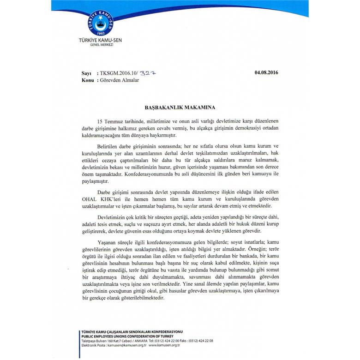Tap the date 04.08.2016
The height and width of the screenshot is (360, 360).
click(x=266, y=72)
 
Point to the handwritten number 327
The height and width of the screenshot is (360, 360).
click(x=148, y=73)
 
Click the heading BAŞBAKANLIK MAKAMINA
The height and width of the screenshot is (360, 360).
click(x=180, y=107)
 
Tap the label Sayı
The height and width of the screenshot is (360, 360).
click(x=86, y=73)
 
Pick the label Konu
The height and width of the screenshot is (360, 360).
click(x=87, y=80)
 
